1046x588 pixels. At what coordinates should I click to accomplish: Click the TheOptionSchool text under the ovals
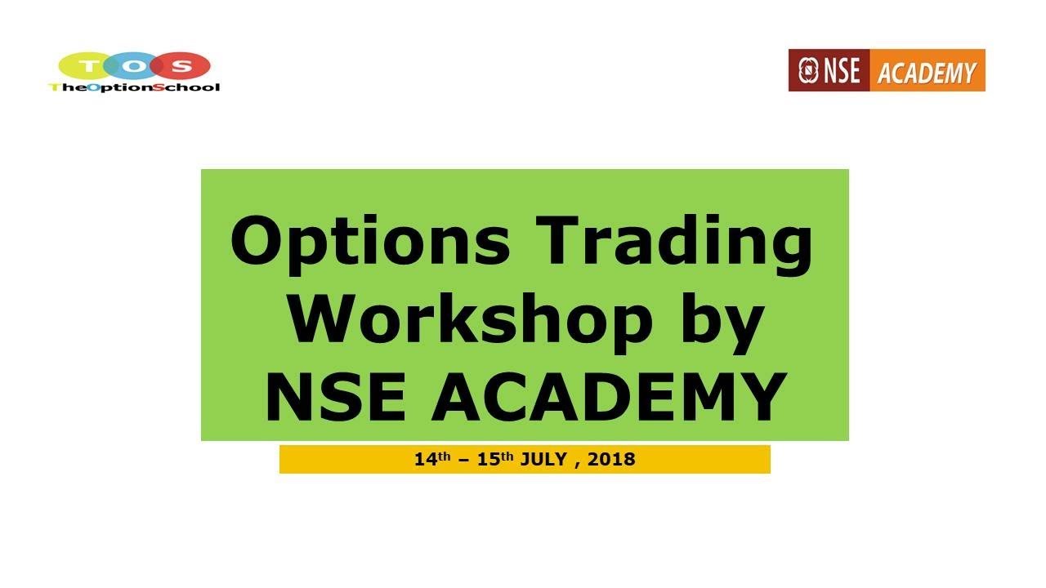(x=134, y=87)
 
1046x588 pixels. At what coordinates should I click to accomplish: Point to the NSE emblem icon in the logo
(x=808, y=70)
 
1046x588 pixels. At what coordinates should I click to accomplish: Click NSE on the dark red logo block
(x=840, y=70)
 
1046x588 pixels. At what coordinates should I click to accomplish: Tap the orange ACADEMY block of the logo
(x=927, y=72)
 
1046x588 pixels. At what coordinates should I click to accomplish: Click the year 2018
(x=610, y=459)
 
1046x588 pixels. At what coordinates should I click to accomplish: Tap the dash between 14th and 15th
(x=464, y=460)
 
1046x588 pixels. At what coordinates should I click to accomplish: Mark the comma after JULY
(x=579, y=464)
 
